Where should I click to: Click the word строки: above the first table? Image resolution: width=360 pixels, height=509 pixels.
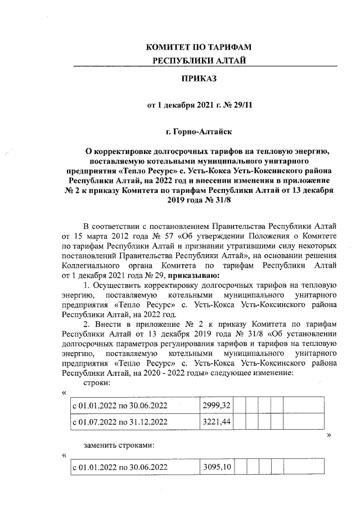pos(96,383)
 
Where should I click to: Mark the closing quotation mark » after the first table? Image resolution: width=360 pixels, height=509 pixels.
pos(328,435)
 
